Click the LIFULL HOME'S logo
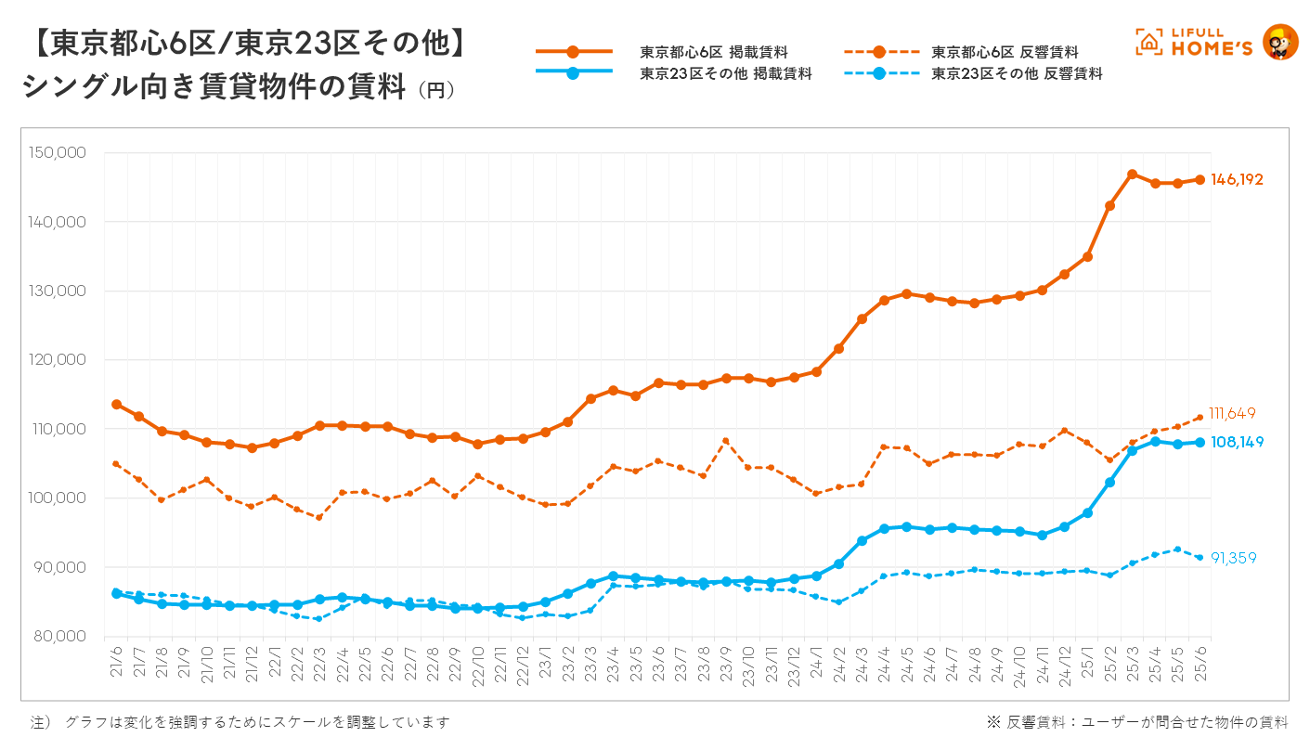(1216, 42)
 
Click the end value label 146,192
(1237, 180)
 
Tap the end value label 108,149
(1237, 443)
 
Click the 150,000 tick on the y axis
(58, 153)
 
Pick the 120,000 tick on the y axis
(58, 360)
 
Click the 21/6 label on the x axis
(117, 658)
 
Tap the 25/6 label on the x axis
(1200, 658)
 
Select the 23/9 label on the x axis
(726, 658)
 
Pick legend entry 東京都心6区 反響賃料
(1005, 52)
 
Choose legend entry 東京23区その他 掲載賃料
(725, 73)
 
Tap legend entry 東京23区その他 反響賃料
(1017, 73)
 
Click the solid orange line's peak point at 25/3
(1132, 175)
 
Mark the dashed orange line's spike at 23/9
(726, 441)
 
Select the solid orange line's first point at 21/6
(116, 404)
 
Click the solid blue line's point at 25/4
(1155, 442)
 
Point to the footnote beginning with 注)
(240, 721)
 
